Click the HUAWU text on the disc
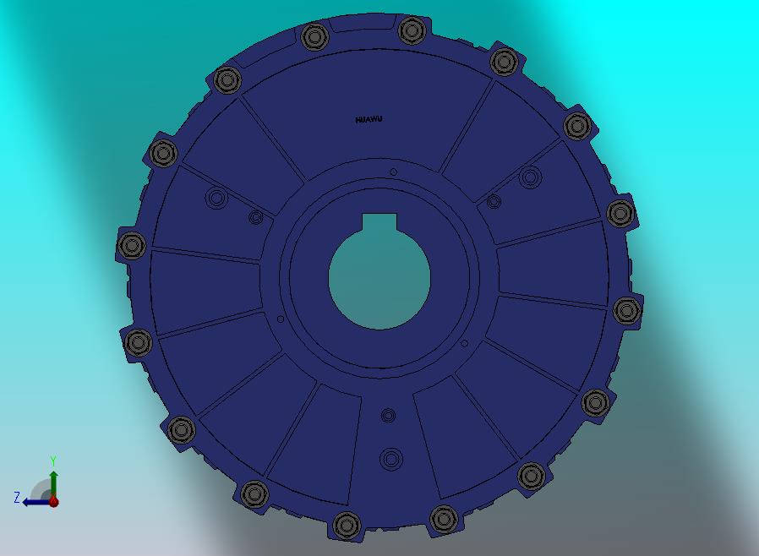click(369, 119)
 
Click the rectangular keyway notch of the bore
click(379, 222)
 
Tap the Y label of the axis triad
click(53, 461)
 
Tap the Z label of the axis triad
click(17, 497)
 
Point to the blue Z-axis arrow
click(37, 502)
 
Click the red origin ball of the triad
click(54, 502)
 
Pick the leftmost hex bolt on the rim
click(132, 245)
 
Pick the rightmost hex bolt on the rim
click(627, 310)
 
